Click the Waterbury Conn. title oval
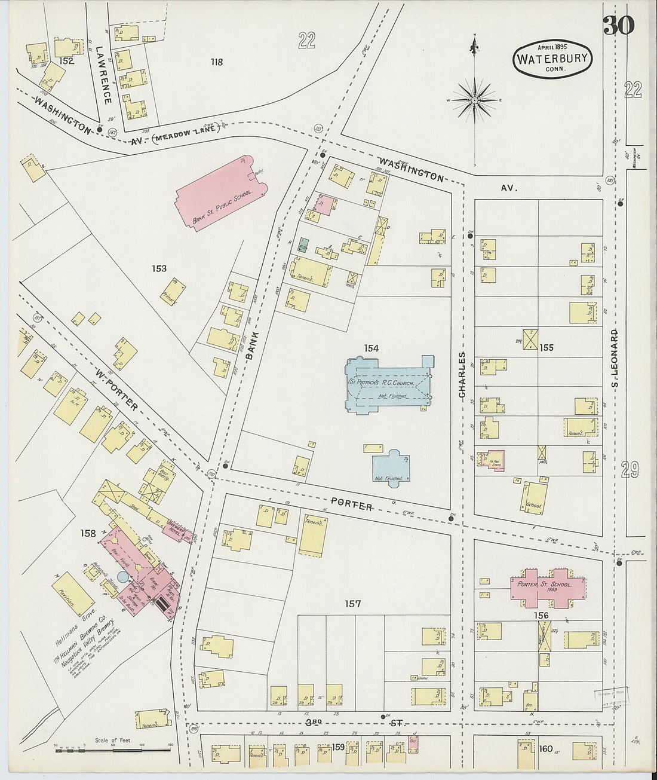pos(552,59)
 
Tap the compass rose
pos(474,100)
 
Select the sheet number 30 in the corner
pos(618,25)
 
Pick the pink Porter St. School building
pos(541,585)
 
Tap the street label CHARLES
pos(461,375)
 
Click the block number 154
pos(370,348)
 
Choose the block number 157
pos(353,604)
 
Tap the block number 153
pos(159,268)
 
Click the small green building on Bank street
pos(303,245)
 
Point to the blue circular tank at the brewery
pos(122,577)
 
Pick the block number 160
pos(546,748)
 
